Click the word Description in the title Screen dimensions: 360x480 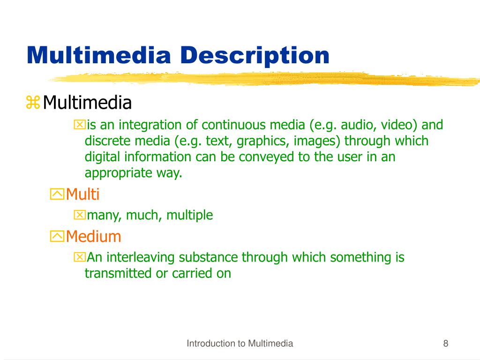(255, 56)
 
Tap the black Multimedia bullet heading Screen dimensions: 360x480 (87, 102)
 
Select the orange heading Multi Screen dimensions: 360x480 (83, 194)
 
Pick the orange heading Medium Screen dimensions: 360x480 (94, 236)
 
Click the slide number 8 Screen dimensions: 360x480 (445, 344)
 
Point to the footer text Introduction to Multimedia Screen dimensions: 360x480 (240, 344)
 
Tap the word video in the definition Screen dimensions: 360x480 (396, 125)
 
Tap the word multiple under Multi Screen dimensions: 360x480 (190, 215)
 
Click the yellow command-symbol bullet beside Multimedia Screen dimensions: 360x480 (33, 102)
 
